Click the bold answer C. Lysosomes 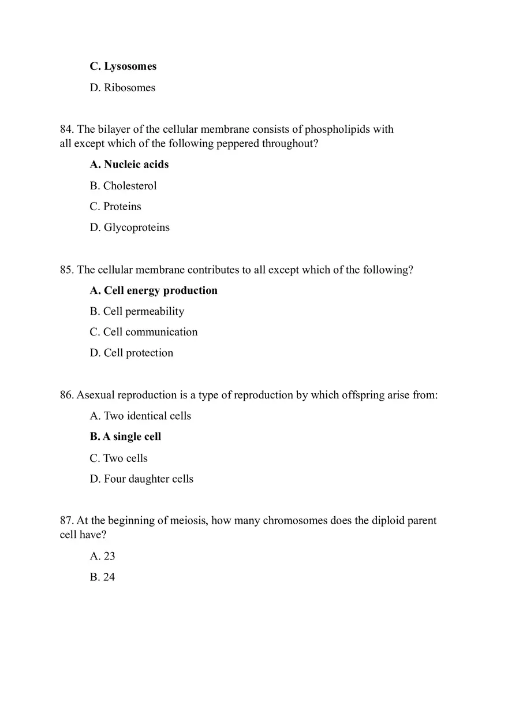pos(123,66)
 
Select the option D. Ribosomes pos(122,88)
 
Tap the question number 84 pos(67,129)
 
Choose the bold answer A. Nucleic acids pos(129,165)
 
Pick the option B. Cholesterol pos(123,186)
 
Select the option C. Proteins pos(115,207)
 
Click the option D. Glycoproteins pos(130,227)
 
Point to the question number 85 pos(67,270)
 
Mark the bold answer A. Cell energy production pos(154,290)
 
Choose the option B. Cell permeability pos(137,311)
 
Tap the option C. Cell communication pos(144,332)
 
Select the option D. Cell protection pos(132,353)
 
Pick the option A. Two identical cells pos(140,416)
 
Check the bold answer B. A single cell pos(125,437)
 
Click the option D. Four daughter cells pos(141,479)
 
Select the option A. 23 pos(103,557)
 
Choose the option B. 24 pos(103,577)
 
